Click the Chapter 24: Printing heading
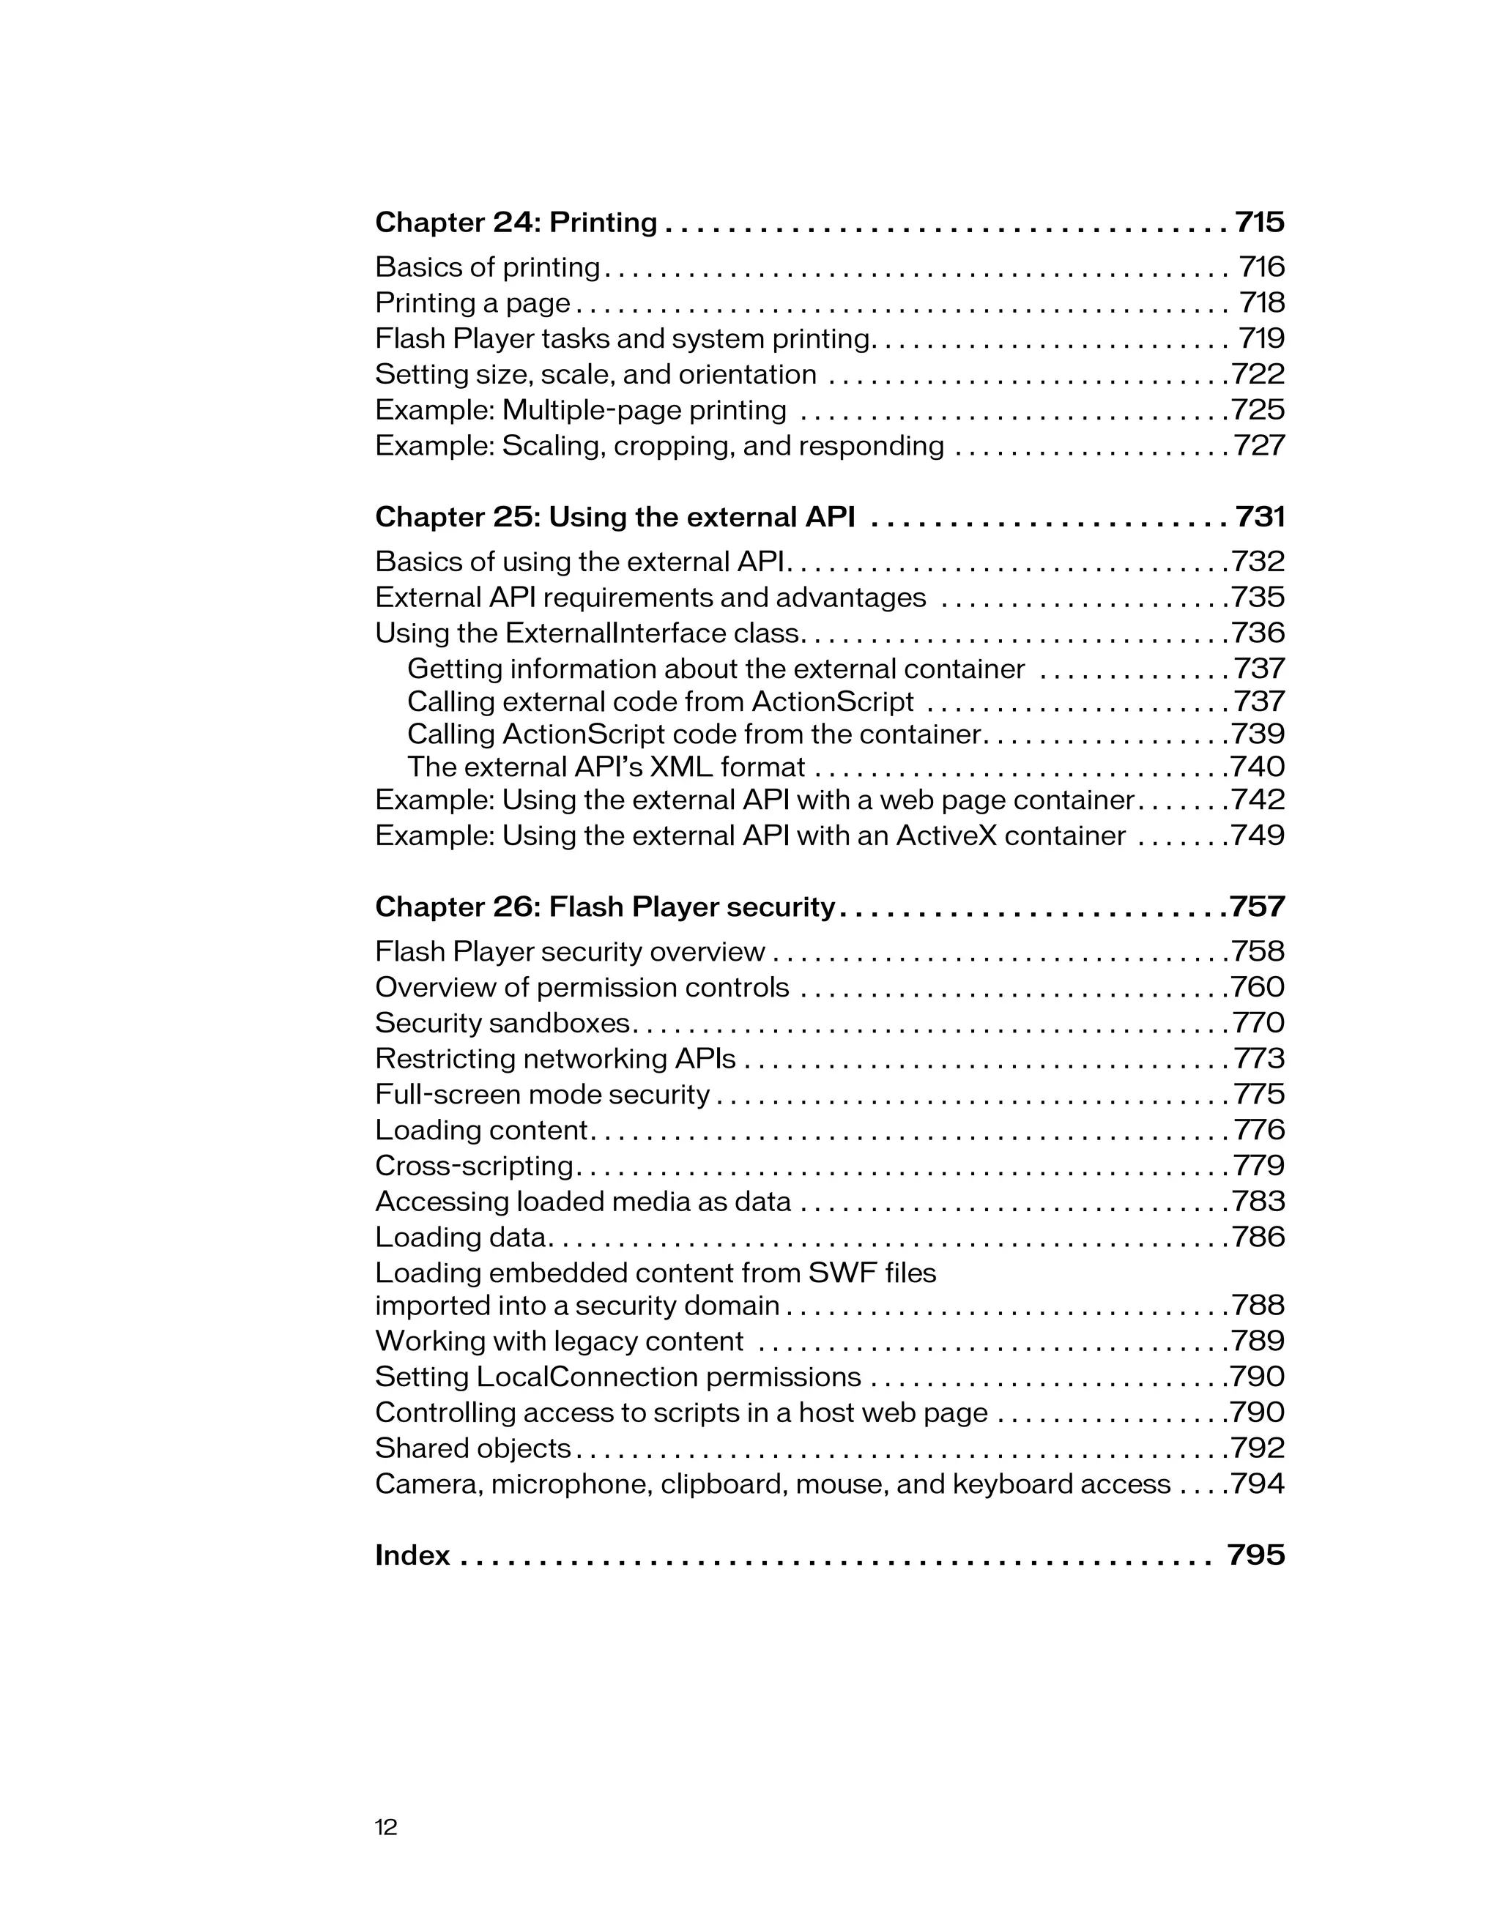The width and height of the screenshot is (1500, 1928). (516, 223)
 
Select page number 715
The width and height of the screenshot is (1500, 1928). (1259, 223)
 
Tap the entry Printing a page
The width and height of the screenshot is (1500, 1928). (472, 304)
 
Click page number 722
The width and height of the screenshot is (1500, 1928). (1258, 374)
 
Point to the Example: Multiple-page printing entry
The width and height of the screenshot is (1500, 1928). (580, 411)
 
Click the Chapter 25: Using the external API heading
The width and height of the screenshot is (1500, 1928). (615, 517)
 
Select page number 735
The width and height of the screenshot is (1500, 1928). (1258, 598)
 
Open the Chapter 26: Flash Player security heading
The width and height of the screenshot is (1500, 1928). (605, 907)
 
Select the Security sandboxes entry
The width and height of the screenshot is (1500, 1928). (502, 1023)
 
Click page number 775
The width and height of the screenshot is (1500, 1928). (1259, 1095)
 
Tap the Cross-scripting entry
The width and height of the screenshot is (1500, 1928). (474, 1166)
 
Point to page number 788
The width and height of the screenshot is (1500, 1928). (1258, 1306)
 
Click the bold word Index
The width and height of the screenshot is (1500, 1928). (412, 1555)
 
